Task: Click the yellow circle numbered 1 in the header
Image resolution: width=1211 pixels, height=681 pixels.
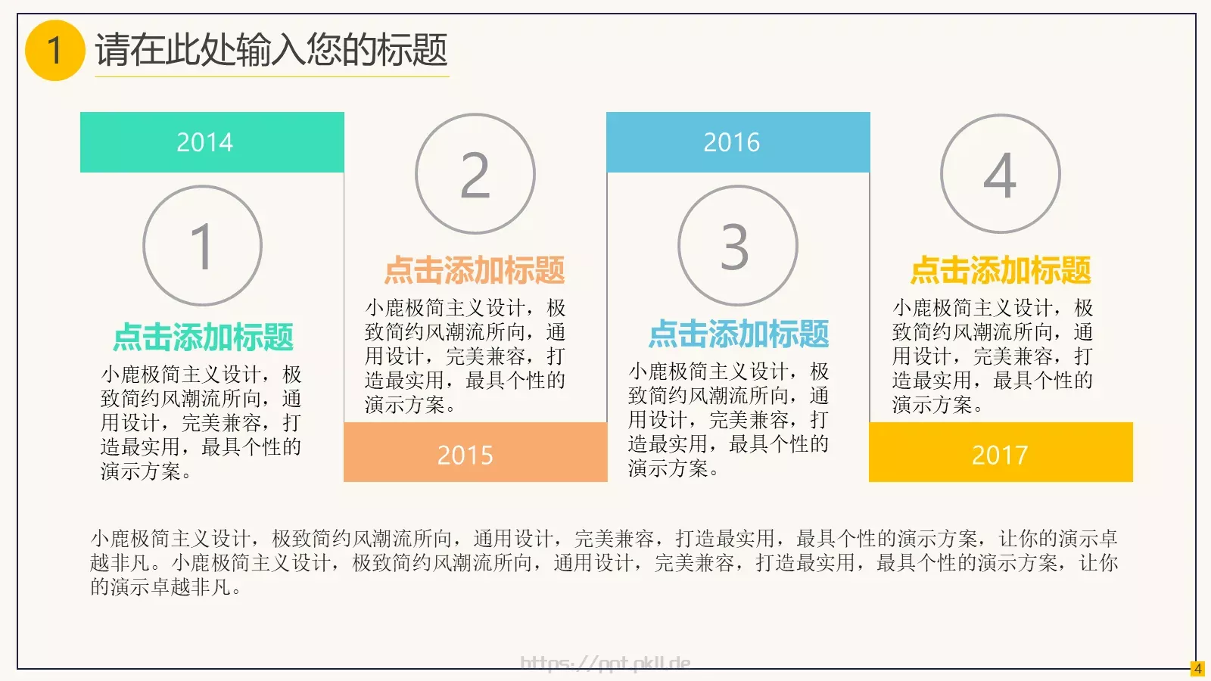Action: click(54, 51)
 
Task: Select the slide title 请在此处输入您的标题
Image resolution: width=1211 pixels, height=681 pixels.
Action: click(271, 50)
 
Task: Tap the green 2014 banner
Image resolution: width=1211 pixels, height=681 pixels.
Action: click(212, 142)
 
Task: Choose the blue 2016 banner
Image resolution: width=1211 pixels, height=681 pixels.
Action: click(738, 142)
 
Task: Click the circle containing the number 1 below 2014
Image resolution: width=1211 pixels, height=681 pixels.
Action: click(202, 246)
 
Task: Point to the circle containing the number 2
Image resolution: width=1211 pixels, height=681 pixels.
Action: click(475, 175)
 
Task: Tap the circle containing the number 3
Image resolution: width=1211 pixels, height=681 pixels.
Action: click(737, 246)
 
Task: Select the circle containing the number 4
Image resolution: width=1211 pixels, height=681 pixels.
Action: click(1000, 175)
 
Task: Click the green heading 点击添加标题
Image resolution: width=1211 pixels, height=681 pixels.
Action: click(203, 337)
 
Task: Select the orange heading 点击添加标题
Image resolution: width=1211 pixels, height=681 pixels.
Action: click(475, 270)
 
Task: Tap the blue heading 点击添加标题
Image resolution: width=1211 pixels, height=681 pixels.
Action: click(738, 334)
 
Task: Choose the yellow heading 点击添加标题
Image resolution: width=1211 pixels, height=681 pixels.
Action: click(1000, 270)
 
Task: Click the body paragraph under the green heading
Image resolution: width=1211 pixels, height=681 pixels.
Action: click(201, 422)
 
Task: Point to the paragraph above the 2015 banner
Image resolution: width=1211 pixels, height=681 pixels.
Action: click(465, 356)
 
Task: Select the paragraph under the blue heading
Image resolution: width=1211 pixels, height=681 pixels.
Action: click(728, 419)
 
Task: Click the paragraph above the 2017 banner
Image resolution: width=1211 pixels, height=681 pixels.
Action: click(992, 356)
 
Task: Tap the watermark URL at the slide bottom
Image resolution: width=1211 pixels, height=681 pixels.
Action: click(605, 664)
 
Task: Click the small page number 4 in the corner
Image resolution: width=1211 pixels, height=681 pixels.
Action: click(1197, 669)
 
